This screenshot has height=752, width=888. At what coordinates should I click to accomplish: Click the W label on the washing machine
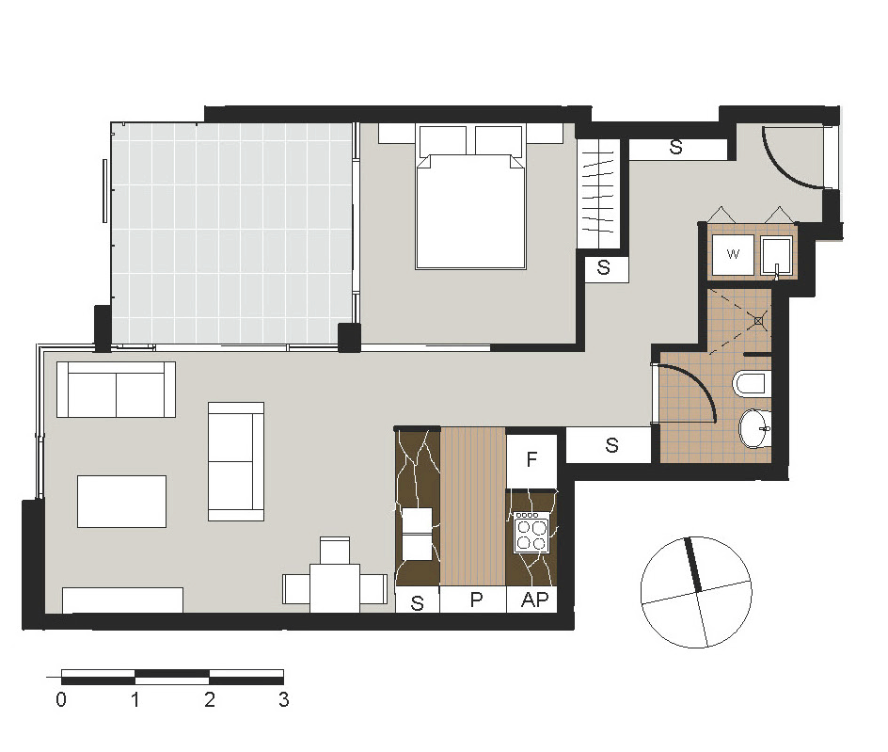[x=733, y=254]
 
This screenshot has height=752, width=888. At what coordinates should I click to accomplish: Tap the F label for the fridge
[x=531, y=460]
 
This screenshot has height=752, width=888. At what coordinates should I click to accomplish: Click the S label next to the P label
[x=418, y=603]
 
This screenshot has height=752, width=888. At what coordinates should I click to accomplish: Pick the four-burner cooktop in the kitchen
[x=531, y=533]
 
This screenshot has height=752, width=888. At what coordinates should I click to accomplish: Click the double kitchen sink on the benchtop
[x=418, y=534]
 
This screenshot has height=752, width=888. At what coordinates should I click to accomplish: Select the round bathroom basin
[x=754, y=429]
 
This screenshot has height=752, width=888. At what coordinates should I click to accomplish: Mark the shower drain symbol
[x=757, y=319]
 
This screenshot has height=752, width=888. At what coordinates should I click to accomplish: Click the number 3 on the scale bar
[x=283, y=700]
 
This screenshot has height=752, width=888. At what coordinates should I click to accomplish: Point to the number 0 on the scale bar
[x=61, y=700]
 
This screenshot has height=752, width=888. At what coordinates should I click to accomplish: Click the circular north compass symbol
[x=695, y=592]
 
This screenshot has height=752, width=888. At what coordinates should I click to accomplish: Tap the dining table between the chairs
[x=334, y=587]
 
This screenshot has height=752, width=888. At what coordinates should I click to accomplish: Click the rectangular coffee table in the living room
[x=121, y=501]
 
